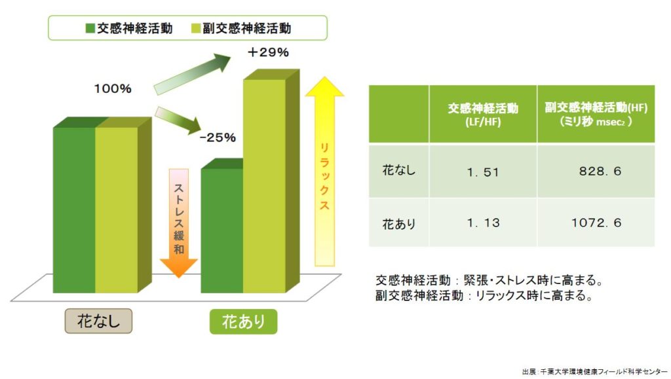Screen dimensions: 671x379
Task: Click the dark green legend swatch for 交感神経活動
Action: click(x=90, y=29)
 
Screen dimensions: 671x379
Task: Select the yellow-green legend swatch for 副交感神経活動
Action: click(x=195, y=29)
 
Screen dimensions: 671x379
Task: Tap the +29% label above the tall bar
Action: click(x=268, y=52)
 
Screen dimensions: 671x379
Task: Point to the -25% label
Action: click(x=218, y=137)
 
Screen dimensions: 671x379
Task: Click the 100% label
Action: click(x=113, y=89)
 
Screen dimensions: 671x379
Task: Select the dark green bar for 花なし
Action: click(x=74, y=209)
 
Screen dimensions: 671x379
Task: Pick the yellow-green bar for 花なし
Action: click(x=117, y=209)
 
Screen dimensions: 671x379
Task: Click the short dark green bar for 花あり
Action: click(x=221, y=230)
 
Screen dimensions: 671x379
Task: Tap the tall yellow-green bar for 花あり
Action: click(x=265, y=186)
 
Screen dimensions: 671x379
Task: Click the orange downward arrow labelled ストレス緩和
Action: click(x=178, y=222)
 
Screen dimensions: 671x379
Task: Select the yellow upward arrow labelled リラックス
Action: click(x=324, y=171)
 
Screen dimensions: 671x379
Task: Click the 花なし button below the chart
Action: click(x=98, y=321)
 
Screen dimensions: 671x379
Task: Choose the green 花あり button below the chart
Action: click(x=244, y=321)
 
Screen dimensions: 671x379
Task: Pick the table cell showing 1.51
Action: click(x=483, y=171)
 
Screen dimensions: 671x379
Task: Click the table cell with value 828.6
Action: click(x=596, y=171)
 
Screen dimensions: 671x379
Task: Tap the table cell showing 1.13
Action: click(x=483, y=222)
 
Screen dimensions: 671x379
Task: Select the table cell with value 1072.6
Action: click(x=596, y=222)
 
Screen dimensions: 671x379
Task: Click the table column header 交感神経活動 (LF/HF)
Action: click(x=483, y=114)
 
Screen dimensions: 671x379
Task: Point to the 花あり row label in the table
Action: click(x=399, y=223)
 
